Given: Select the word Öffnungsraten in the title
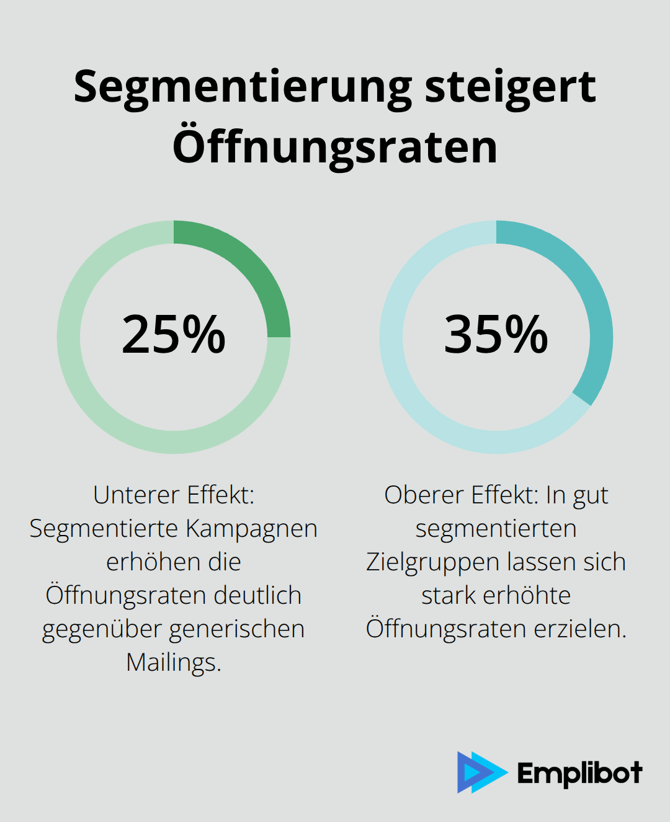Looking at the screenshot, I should (x=335, y=147).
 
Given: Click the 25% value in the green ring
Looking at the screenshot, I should (x=174, y=335).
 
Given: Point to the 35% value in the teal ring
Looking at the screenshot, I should (x=496, y=335).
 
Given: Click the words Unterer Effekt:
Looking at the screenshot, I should (x=174, y=495).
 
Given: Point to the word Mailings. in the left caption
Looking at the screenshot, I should (x=174, y=663).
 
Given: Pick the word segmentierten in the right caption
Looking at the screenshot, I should (x=496, y=529).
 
